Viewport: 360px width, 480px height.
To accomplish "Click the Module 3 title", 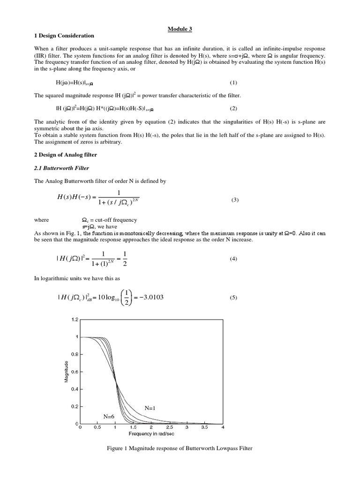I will click(180, 29).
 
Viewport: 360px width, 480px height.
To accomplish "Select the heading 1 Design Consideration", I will click(64, 36).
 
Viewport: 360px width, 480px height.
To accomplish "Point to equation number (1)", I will click(233, 82).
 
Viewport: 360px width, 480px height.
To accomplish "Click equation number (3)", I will click(235, 200).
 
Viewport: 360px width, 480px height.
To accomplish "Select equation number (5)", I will click(233, 298).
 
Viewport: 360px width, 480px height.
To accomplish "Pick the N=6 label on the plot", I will click(109, 416).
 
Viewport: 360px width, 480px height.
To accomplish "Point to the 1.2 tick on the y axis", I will click(75, 320).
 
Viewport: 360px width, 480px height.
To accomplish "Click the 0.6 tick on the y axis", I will click(75, 372).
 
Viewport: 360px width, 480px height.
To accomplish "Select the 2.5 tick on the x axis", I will click(169, 428).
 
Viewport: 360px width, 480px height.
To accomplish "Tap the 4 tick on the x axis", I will click(222, 428).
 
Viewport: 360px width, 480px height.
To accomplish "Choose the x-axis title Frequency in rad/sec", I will click(151, 434).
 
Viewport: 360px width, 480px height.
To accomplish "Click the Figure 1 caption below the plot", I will click(180, 449).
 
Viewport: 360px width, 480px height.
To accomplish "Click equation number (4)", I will click(233, 259).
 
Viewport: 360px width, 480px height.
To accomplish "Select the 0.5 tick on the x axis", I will click(97, 428).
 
